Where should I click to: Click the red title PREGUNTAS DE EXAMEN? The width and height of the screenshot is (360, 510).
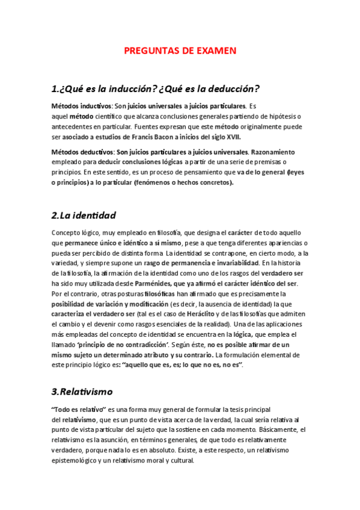pyautogui.click(x=180, y=51)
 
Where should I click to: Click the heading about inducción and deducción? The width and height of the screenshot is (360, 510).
pyautogui.click(x=156, y=89)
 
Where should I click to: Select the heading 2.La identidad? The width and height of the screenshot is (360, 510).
pyautogui.click(x=84, y=215)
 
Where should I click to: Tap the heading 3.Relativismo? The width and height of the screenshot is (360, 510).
pyautogui.click(x=82, y=392)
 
